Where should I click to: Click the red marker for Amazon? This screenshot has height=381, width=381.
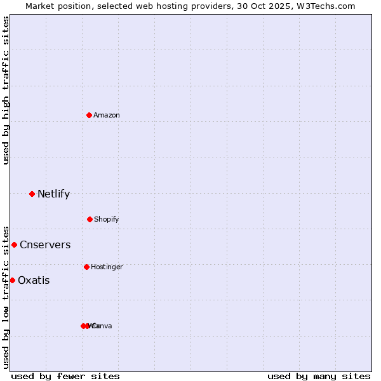[x=90, y=115]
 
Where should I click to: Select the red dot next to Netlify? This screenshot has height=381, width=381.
[x=32, y=194]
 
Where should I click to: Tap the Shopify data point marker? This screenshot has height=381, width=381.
[x=90, y=219]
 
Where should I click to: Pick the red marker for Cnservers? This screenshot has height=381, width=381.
[x=14, y=244]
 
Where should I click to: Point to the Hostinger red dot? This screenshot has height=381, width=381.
[x=86, y=267]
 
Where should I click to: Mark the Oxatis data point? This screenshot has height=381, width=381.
[x=12, y=280]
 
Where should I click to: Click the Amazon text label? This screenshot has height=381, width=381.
[x=107, y=115]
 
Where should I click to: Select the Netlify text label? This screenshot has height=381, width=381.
[x=53, y=194]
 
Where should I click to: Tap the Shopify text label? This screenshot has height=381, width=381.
[x=107, y=219]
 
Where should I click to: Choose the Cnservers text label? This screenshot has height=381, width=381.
[x=45, y=244]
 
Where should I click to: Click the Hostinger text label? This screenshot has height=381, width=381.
[x=107, y=267]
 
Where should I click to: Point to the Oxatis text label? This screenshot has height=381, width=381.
[x=34, y=280]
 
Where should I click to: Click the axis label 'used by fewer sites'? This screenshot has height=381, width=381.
[x=65, y=376]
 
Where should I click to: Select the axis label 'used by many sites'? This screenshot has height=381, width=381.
[x=319, y=376]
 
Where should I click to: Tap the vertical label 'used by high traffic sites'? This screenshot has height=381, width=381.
[x=6, y=90]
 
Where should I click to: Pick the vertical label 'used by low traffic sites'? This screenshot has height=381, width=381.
[x=6, y=297]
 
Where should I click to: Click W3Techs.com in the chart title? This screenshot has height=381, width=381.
[x=328, y=6]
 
